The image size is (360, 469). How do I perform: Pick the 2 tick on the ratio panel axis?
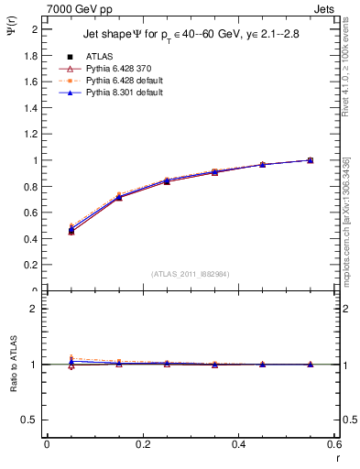[35, 309]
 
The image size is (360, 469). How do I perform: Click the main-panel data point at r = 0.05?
[71, 231]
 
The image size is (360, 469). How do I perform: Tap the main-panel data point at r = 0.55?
[311, 160]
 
